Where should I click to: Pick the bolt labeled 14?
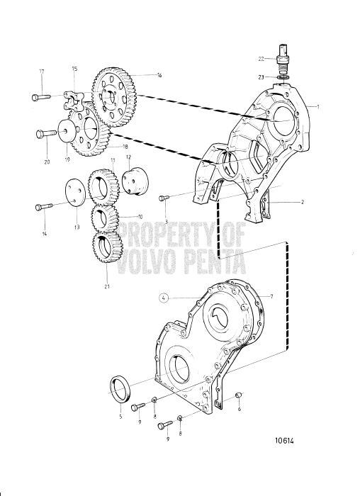[43, 207]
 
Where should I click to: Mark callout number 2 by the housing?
[302, 202]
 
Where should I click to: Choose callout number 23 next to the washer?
[263, 77]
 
